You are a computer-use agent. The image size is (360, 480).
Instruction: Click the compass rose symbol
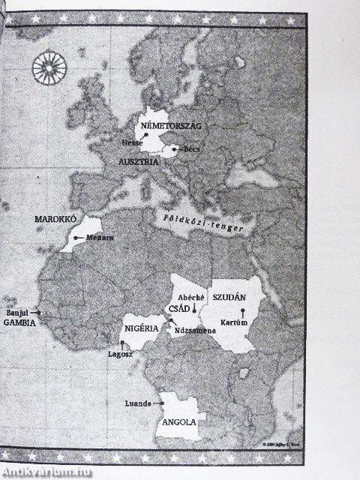49,66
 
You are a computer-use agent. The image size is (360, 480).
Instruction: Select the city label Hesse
132,142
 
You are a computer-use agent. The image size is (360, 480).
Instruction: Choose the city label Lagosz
120,352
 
